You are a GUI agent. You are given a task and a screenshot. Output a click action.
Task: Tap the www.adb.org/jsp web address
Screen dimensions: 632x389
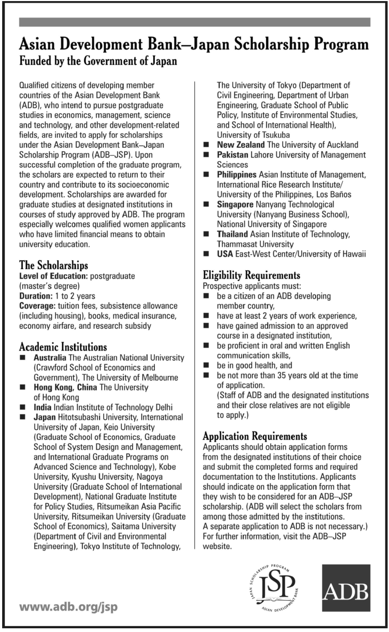(x=69, y=607)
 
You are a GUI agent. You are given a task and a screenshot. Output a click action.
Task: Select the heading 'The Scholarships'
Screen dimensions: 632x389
(x=53, y=265)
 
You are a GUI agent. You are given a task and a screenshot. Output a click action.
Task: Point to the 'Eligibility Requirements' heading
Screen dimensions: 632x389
(x=252, y=275)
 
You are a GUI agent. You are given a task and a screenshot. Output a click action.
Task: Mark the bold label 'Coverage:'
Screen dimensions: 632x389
(x=38, y=305)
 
